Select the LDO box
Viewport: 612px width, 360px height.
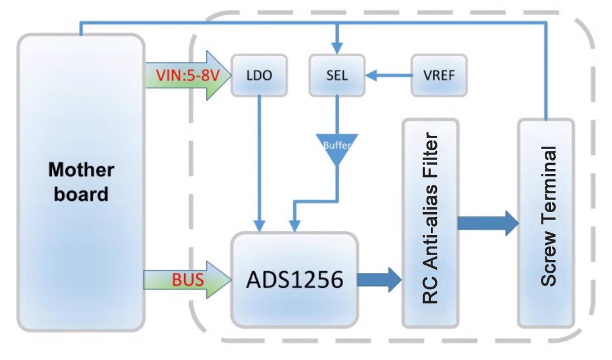[x=259, y=76]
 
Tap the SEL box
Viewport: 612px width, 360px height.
[x=337, y=76]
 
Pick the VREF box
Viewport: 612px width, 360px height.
[x=440, y=76]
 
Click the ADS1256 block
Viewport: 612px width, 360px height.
[x=294, y=279]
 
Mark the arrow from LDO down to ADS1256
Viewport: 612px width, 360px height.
[x=259, y=164]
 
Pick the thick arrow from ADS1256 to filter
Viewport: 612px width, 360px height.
[x=379, y=279]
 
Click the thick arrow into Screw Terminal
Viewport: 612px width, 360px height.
[x=488, y=222]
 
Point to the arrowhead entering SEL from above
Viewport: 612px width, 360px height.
[x=338, y=48]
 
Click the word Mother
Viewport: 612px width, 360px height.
[x=81, y=170]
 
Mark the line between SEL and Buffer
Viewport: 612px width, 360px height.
[x=338, y=115]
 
